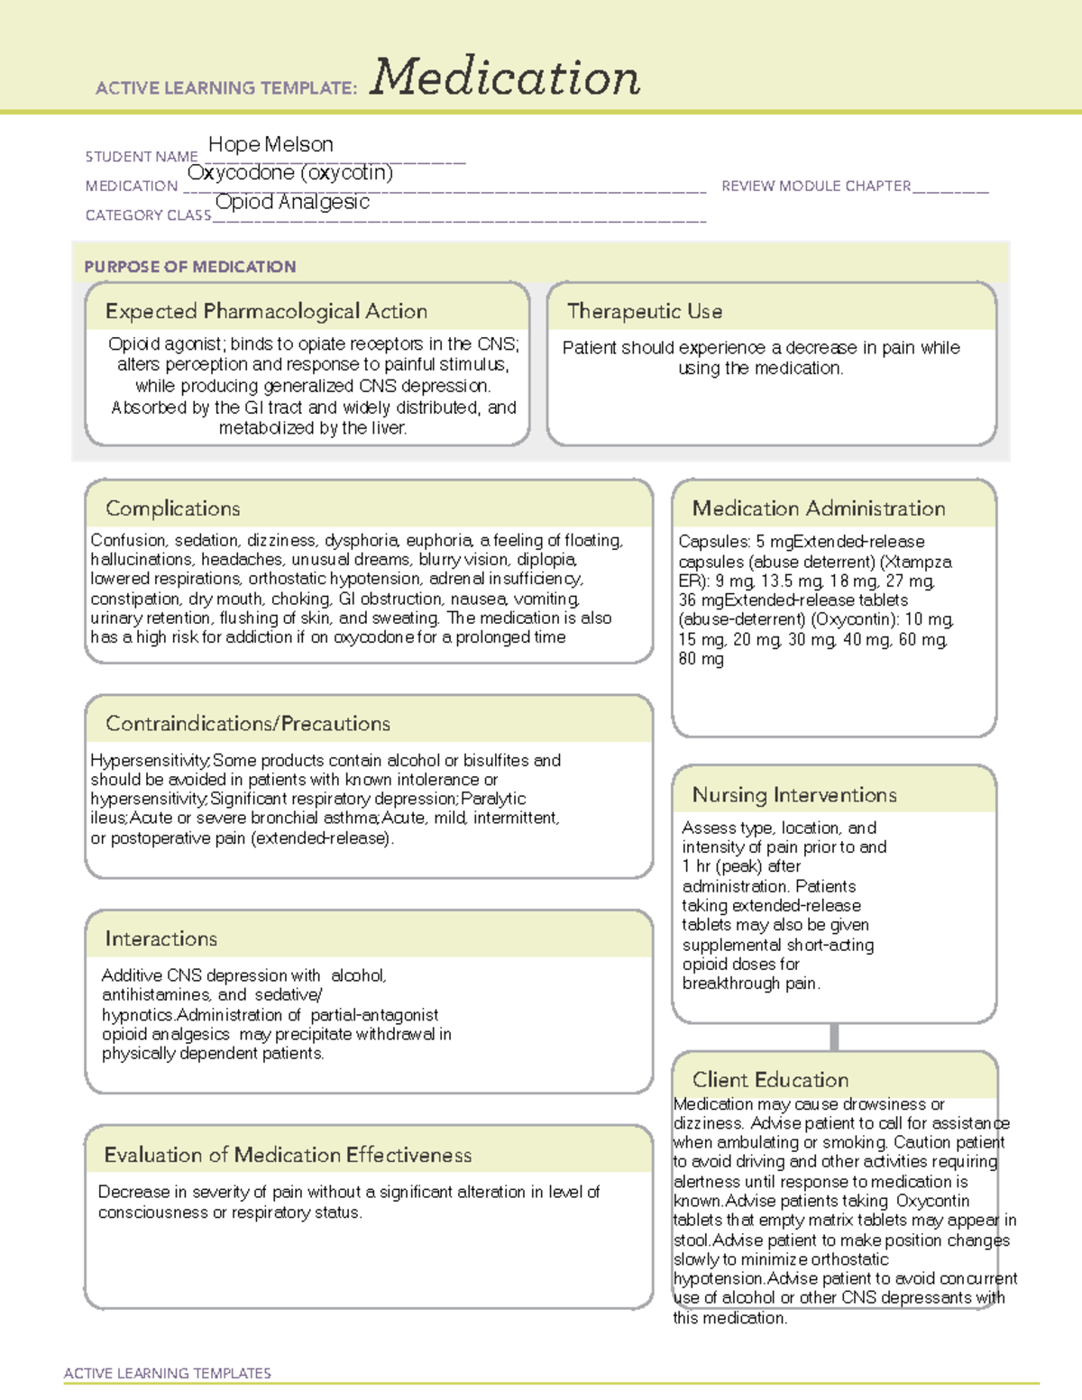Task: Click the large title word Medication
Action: [505, 78]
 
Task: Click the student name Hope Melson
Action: [270, 144]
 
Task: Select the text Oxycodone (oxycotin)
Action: [290, 172]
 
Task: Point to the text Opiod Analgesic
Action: [292, 202]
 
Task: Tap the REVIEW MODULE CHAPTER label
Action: [816, 186]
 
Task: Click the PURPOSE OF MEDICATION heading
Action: [190, 267]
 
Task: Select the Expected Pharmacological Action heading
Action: [266, 311]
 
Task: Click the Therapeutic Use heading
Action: [645, 311]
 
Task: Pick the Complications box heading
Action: [173, 508]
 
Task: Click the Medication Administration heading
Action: [819, 508]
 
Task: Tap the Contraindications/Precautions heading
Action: [248, 723]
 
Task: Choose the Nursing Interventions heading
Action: [794, 794]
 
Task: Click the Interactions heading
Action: [161, 938]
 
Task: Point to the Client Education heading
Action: [770, 1079]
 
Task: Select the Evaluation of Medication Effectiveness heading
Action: [288, 1155]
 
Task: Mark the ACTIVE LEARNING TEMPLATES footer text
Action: [168, 1373]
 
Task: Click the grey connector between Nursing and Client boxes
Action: [834, 1037]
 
